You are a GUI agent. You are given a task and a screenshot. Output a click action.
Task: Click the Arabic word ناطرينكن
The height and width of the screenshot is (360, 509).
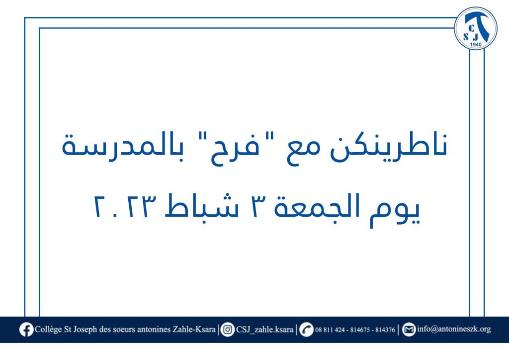click(x=389, y=147)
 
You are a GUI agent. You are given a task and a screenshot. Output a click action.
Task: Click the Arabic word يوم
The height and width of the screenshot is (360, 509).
click(x=395, y=211)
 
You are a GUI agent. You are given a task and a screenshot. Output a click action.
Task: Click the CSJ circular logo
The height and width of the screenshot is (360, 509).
click(x=476, y=28)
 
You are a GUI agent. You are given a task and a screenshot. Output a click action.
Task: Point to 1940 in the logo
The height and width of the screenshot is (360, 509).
click(x=476, y=44)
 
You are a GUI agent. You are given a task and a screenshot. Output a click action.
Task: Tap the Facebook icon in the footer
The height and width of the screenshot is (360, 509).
click(x=26, y=330)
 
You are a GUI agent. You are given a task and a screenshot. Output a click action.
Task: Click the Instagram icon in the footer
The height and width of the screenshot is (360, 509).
click(x=228, y=330)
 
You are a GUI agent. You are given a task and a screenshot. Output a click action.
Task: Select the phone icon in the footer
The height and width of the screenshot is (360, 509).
click(x=306, y=330)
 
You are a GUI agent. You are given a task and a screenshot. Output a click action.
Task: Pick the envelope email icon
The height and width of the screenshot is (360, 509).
click(x=409, y=330)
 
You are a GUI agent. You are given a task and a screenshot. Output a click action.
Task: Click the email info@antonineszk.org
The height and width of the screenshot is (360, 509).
click(x=454, y=329)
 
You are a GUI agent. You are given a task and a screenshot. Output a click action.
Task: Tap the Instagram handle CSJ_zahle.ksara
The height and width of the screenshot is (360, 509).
click(x=264, y=330)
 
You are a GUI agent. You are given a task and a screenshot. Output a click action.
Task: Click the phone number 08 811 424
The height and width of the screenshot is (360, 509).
click(x=330, y=330)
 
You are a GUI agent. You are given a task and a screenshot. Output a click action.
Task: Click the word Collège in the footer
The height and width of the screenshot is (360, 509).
click(x=48, y=330)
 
